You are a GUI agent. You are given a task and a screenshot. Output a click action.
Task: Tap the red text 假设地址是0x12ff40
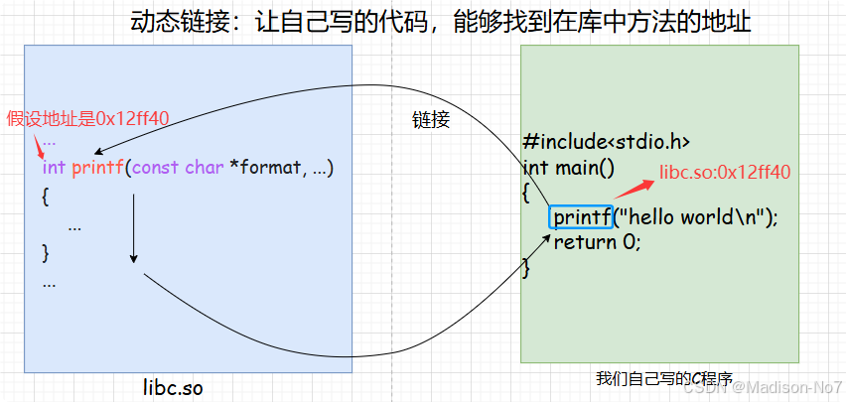coord(87,118)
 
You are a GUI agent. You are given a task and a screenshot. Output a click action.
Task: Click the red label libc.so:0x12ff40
coord(725,172)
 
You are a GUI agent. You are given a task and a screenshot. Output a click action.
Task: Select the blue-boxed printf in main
coord(581,217)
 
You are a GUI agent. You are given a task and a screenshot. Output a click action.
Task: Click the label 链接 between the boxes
coord(431,120)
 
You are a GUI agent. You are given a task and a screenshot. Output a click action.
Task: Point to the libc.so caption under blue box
coord(173,387)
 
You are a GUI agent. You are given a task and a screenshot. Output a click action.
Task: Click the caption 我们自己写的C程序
coord(663,378)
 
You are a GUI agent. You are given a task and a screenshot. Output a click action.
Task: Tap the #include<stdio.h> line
coord(606,142)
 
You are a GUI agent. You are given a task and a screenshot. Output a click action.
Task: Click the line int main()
coord(569,167)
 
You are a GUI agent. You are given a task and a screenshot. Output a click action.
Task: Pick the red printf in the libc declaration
coord(98,168)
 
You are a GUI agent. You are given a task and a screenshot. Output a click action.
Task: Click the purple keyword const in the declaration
coord(155,168)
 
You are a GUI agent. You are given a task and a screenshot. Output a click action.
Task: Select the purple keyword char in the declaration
coord(205,168)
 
